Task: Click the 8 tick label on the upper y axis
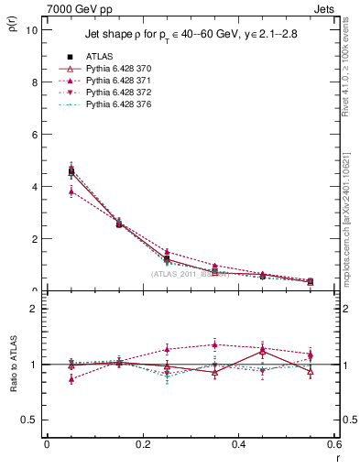pos(35,82)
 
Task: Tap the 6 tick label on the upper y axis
pos(35,134)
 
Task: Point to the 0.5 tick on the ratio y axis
pos(31,420)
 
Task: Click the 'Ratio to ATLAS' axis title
pos(13,365)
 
